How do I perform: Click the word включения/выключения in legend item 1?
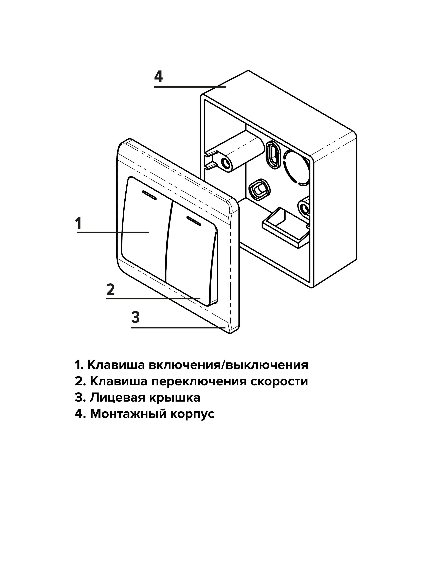[x=228, y=365]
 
